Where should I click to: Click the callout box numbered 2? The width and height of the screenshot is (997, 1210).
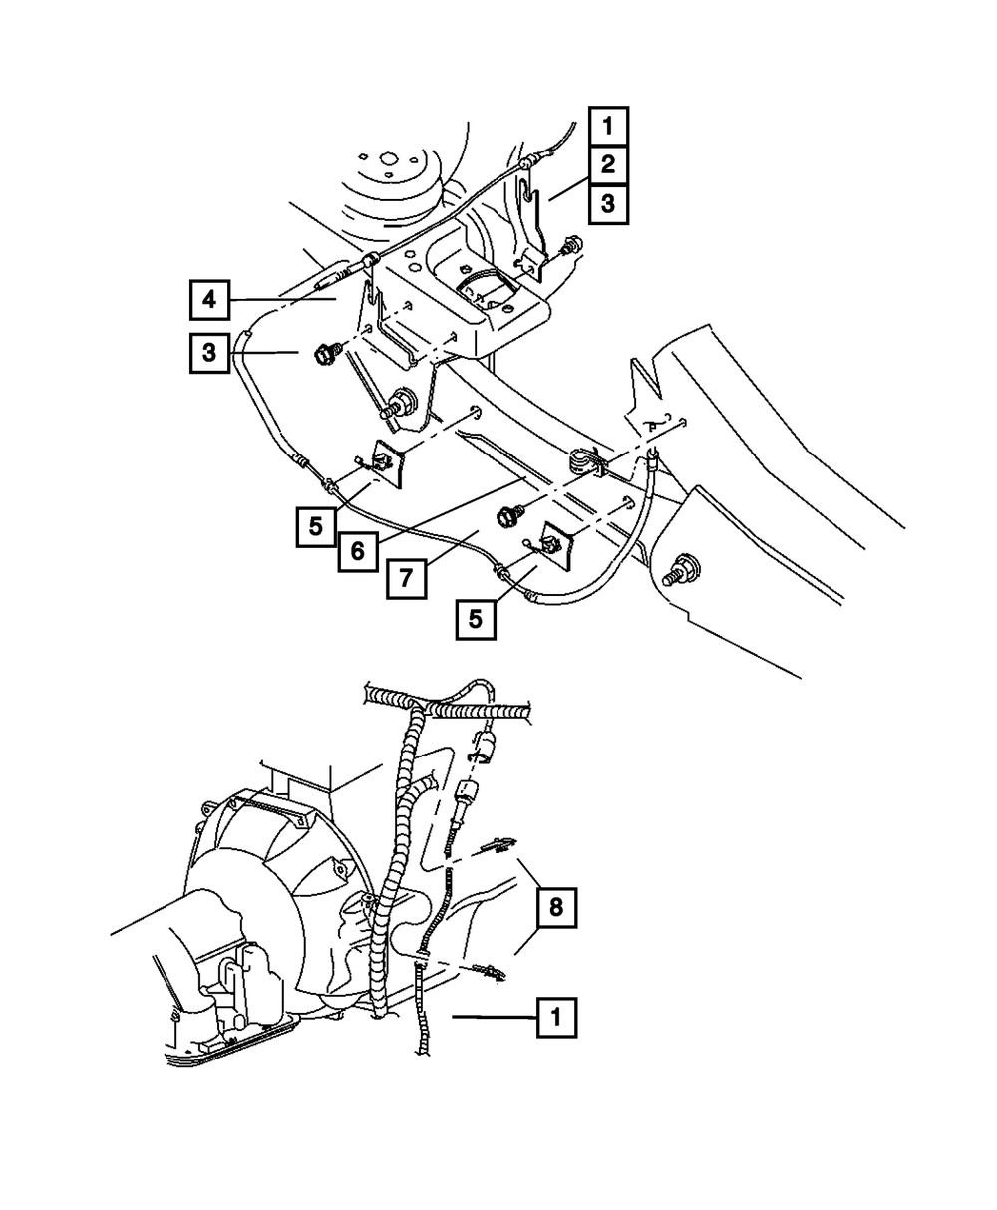click(x=607, y=165)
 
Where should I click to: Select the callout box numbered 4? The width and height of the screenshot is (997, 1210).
click(x=209, y=298)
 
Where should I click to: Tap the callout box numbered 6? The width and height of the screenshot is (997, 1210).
click(x=357, y=551)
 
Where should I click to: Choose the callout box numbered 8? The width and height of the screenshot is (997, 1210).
click(x=556, y=907)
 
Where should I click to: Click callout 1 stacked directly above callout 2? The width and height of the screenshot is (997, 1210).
click(x=607, y=127)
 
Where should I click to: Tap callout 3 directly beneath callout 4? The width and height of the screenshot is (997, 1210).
click(x=209, y=353)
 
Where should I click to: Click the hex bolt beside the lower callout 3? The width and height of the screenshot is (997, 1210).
click(x=328, y=353)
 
